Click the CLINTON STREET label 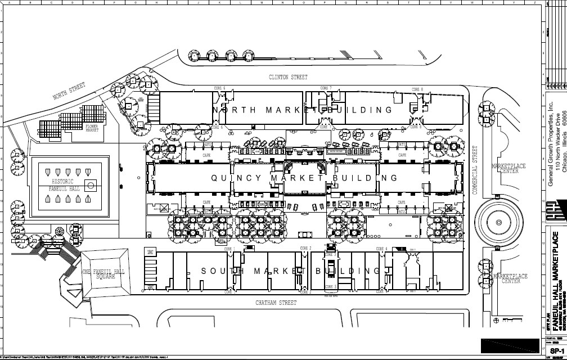point(287,76)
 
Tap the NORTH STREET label point(69,92)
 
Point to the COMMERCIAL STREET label point(475,170)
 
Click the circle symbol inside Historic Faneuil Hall point(90,184)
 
